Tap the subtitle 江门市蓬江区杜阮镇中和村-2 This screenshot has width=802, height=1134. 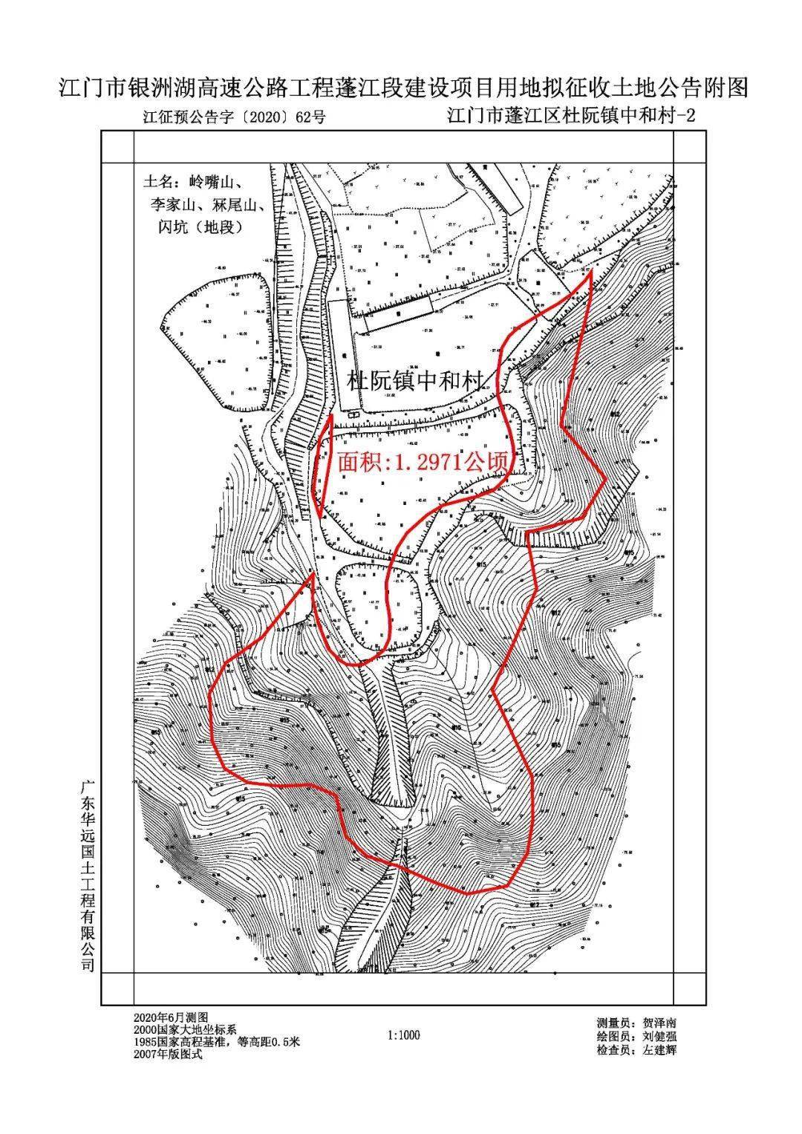point(571,116)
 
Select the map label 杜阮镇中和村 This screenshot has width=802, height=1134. point(416,380)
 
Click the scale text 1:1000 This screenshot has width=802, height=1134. point(404,1035)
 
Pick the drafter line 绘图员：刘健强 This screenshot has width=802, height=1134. point(636,1037)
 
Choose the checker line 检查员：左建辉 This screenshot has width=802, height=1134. point(636,1050)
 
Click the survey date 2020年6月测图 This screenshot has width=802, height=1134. point(171,1017)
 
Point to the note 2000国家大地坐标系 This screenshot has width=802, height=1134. point(185,1029)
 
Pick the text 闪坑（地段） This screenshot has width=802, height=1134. point(197,227)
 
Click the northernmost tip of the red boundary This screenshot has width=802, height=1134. point(591,273)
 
